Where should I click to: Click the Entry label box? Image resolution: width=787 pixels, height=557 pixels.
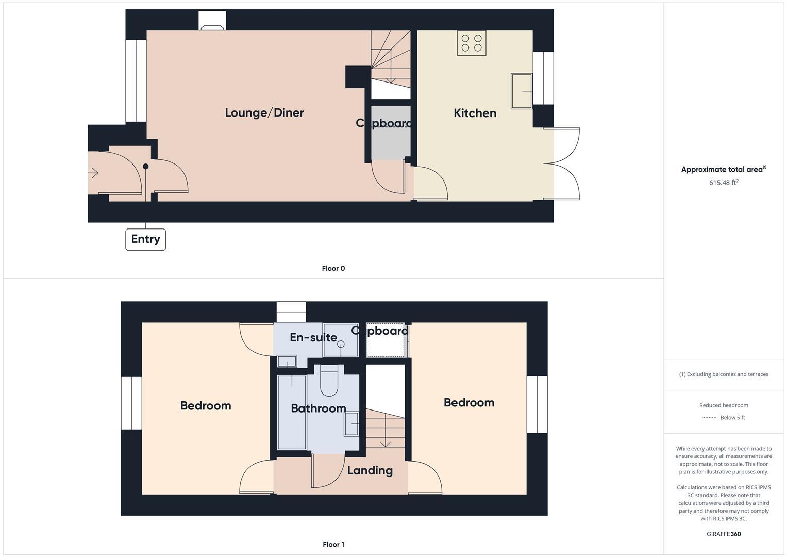click(145, 239)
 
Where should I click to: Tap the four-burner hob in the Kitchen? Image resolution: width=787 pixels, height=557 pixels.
click(472, 43)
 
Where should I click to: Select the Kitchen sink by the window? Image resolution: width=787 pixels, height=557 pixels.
click(521, 91)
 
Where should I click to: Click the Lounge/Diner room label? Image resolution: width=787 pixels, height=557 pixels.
click(264, 112)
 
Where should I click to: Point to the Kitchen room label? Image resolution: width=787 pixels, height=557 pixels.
click(475, 113)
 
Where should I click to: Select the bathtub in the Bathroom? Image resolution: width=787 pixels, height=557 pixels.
click(292, 412)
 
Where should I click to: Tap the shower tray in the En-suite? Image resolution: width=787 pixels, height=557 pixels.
click(340, 340)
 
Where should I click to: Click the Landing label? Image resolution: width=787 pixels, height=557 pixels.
click(370, 470)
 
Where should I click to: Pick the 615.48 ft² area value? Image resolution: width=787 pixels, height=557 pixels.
click(724, 183)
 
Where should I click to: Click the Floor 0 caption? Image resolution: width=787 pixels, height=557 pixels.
click(333, 268)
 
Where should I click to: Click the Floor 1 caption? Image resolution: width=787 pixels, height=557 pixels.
click(333, 544)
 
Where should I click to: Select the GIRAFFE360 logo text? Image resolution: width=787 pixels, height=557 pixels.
click(724, 534)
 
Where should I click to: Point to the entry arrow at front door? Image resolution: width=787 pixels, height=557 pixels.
click(93, 173)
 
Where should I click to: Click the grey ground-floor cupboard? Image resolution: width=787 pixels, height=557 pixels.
click(391, 133)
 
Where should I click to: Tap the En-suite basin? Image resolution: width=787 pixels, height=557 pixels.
click(287, 361)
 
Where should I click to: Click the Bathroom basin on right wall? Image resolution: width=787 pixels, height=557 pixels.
click(351, 424)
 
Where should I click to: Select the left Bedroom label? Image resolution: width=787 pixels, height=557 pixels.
click(206, 405)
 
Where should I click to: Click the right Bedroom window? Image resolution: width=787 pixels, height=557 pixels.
click(537, 405)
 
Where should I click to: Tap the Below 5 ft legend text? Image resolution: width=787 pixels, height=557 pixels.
click(732, 418)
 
